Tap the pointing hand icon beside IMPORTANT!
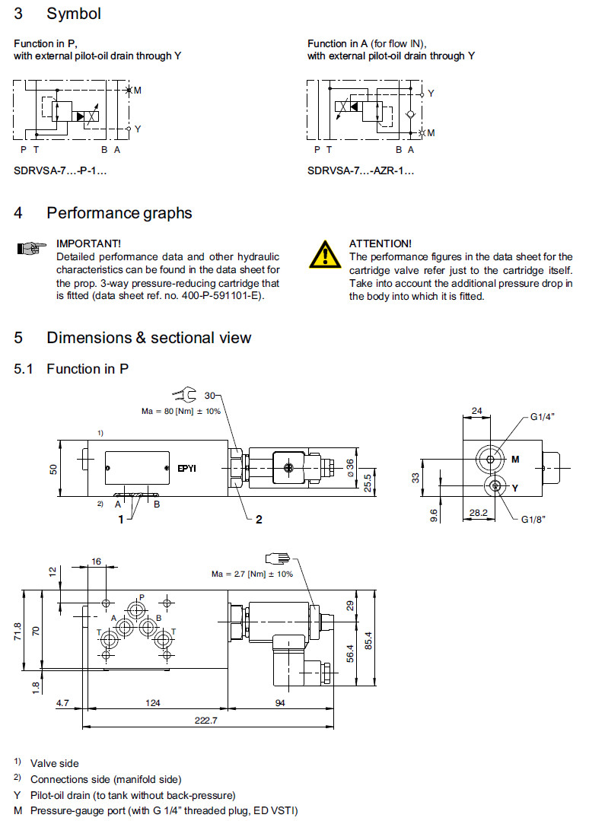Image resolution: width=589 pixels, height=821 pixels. (28, 248)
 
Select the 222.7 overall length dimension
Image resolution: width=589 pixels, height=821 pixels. (205, 721)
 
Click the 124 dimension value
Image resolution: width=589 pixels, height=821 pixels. (154, 703)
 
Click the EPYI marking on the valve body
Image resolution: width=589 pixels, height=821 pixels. (186, 468)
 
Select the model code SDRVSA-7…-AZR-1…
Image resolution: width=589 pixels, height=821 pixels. (361, 171)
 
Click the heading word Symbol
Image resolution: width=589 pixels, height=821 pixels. (74, 14)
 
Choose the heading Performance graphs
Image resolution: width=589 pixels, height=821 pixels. (119, 213)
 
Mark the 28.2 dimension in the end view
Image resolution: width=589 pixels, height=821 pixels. (477, 514)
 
